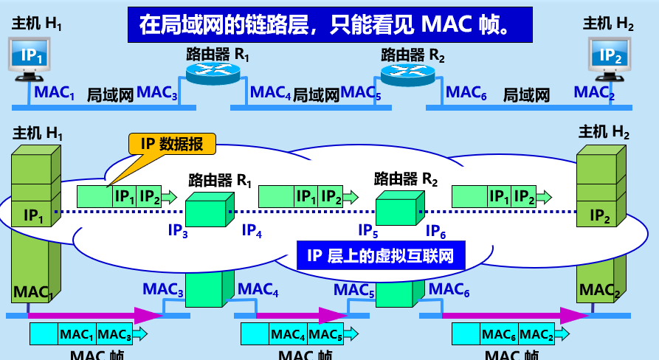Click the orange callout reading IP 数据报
tap(173, 144)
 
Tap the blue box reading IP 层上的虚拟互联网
tap(379, 256)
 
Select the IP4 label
tap(252, 230)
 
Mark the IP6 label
tap(435, 231)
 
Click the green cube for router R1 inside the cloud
tap(207, 210)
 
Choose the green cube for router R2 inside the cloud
tap(398, 208)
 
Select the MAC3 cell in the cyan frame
tap(115, 335)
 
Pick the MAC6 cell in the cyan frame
tap(499, 335)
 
